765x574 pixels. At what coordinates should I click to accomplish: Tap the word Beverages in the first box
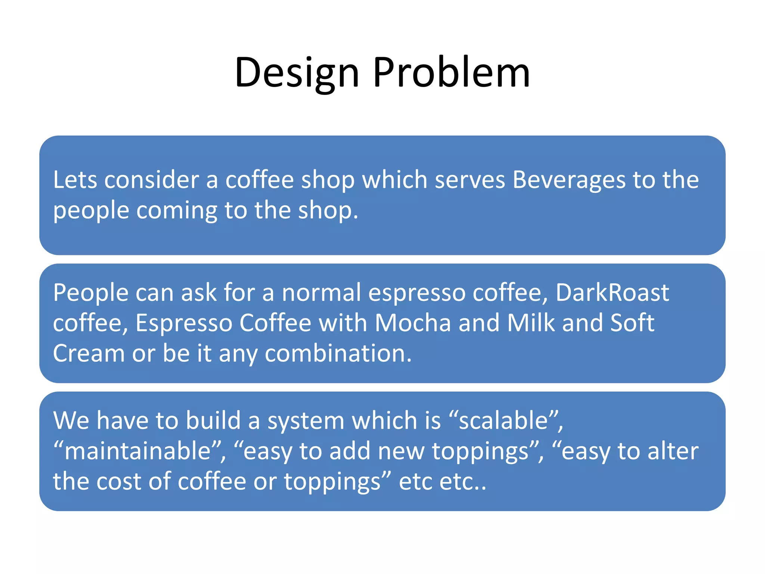(568, 180)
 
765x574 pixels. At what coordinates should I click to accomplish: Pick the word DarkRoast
(612, 293)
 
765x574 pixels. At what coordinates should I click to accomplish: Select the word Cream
(89, 354)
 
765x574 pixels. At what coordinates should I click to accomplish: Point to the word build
(213, 420)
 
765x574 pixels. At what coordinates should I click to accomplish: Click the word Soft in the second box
(632, 323)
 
